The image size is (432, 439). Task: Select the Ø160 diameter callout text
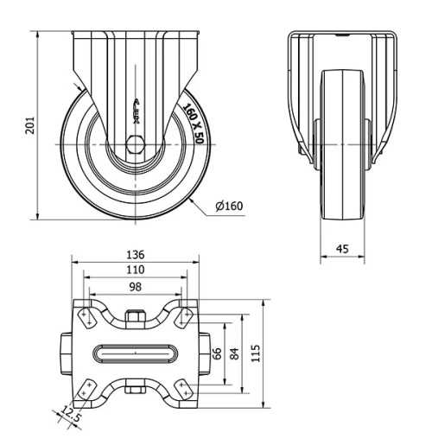[x=228, y=206]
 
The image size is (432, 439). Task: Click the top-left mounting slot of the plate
[x=86, y=317]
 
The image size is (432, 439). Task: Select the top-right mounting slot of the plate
[x=183, y=317]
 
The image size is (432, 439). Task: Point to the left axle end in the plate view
[x=67, y=353]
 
